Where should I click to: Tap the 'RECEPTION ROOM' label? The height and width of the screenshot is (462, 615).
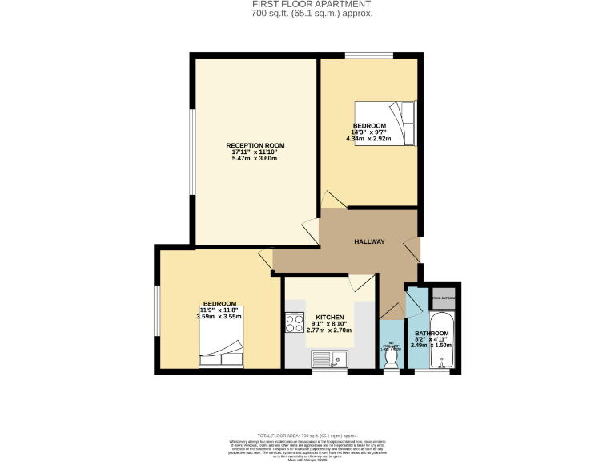tap(255, 145)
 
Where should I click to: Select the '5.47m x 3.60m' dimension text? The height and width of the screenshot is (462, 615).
tap(255, 159)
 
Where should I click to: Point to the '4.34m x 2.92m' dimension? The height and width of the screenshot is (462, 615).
tap(369, 139)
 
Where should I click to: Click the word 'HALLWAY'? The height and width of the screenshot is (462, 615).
tap(370, 241)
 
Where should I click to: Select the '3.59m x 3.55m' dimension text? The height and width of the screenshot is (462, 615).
tap(219, 317)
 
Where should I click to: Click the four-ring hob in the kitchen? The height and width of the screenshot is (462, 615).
tap(292, 322)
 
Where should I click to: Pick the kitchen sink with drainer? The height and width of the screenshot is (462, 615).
tap(328, 359)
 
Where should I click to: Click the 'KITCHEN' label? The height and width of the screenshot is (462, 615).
tap(329, 317)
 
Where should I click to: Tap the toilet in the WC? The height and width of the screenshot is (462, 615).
tap(392, 362)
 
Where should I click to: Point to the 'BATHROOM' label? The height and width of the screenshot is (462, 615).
tap(431, 333)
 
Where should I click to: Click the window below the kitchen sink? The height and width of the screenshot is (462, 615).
tap(329, 371)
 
